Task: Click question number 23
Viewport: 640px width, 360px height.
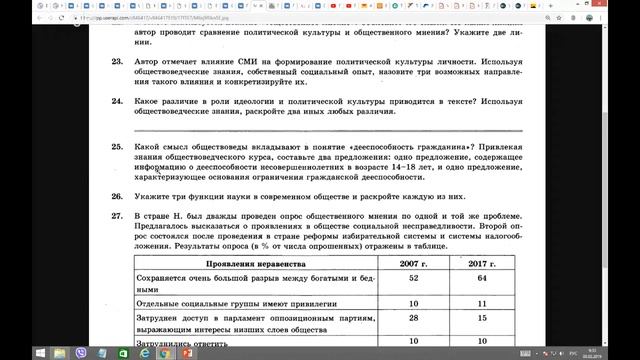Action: point(117,62)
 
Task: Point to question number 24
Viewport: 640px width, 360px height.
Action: point(117,101)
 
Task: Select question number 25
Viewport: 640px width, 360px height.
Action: point(117,146)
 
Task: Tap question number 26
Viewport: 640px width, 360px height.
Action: point(117,197)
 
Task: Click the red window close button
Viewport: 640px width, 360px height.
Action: point(627,4)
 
